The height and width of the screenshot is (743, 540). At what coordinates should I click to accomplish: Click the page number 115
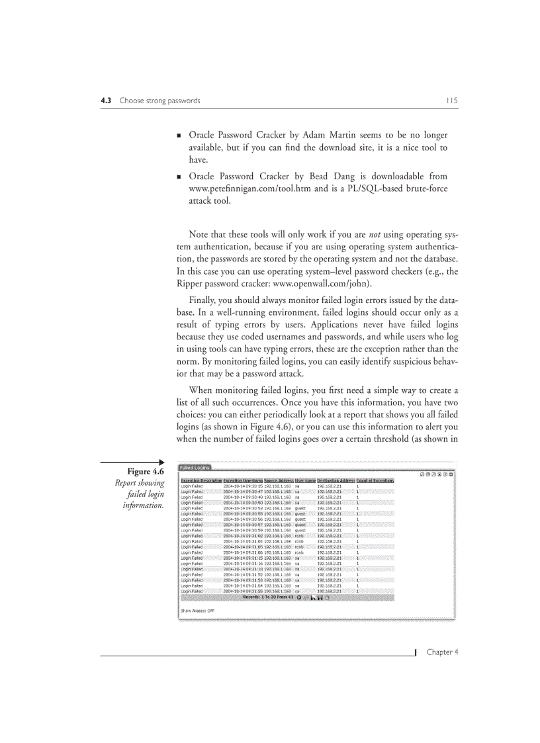(x=452, y=101)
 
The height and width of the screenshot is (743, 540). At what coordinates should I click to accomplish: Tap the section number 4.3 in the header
(x=105, y=101)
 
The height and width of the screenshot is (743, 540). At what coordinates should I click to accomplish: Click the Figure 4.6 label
(x=146, y=471)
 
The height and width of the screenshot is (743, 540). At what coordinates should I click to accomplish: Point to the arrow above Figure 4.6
(x=132, y=462)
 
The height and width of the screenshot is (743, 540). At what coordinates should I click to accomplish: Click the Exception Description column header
(x=201, y=480)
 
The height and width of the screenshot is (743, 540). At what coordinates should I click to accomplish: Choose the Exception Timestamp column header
(x=243, y=480)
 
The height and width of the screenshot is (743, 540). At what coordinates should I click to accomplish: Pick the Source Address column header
(x=279, y=480)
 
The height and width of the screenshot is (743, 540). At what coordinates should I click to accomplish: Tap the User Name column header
(x=305, y=480)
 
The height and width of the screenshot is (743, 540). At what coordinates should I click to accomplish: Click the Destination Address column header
(x=336, y=480)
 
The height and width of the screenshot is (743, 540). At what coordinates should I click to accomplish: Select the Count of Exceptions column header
(x=375, y=480)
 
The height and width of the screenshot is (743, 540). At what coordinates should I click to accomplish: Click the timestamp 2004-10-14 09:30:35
(x=243, y=486)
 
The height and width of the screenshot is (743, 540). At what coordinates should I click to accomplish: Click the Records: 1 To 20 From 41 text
(x=268, y=597)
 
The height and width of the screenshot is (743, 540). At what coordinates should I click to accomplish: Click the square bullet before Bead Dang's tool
(x=179, y=177)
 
